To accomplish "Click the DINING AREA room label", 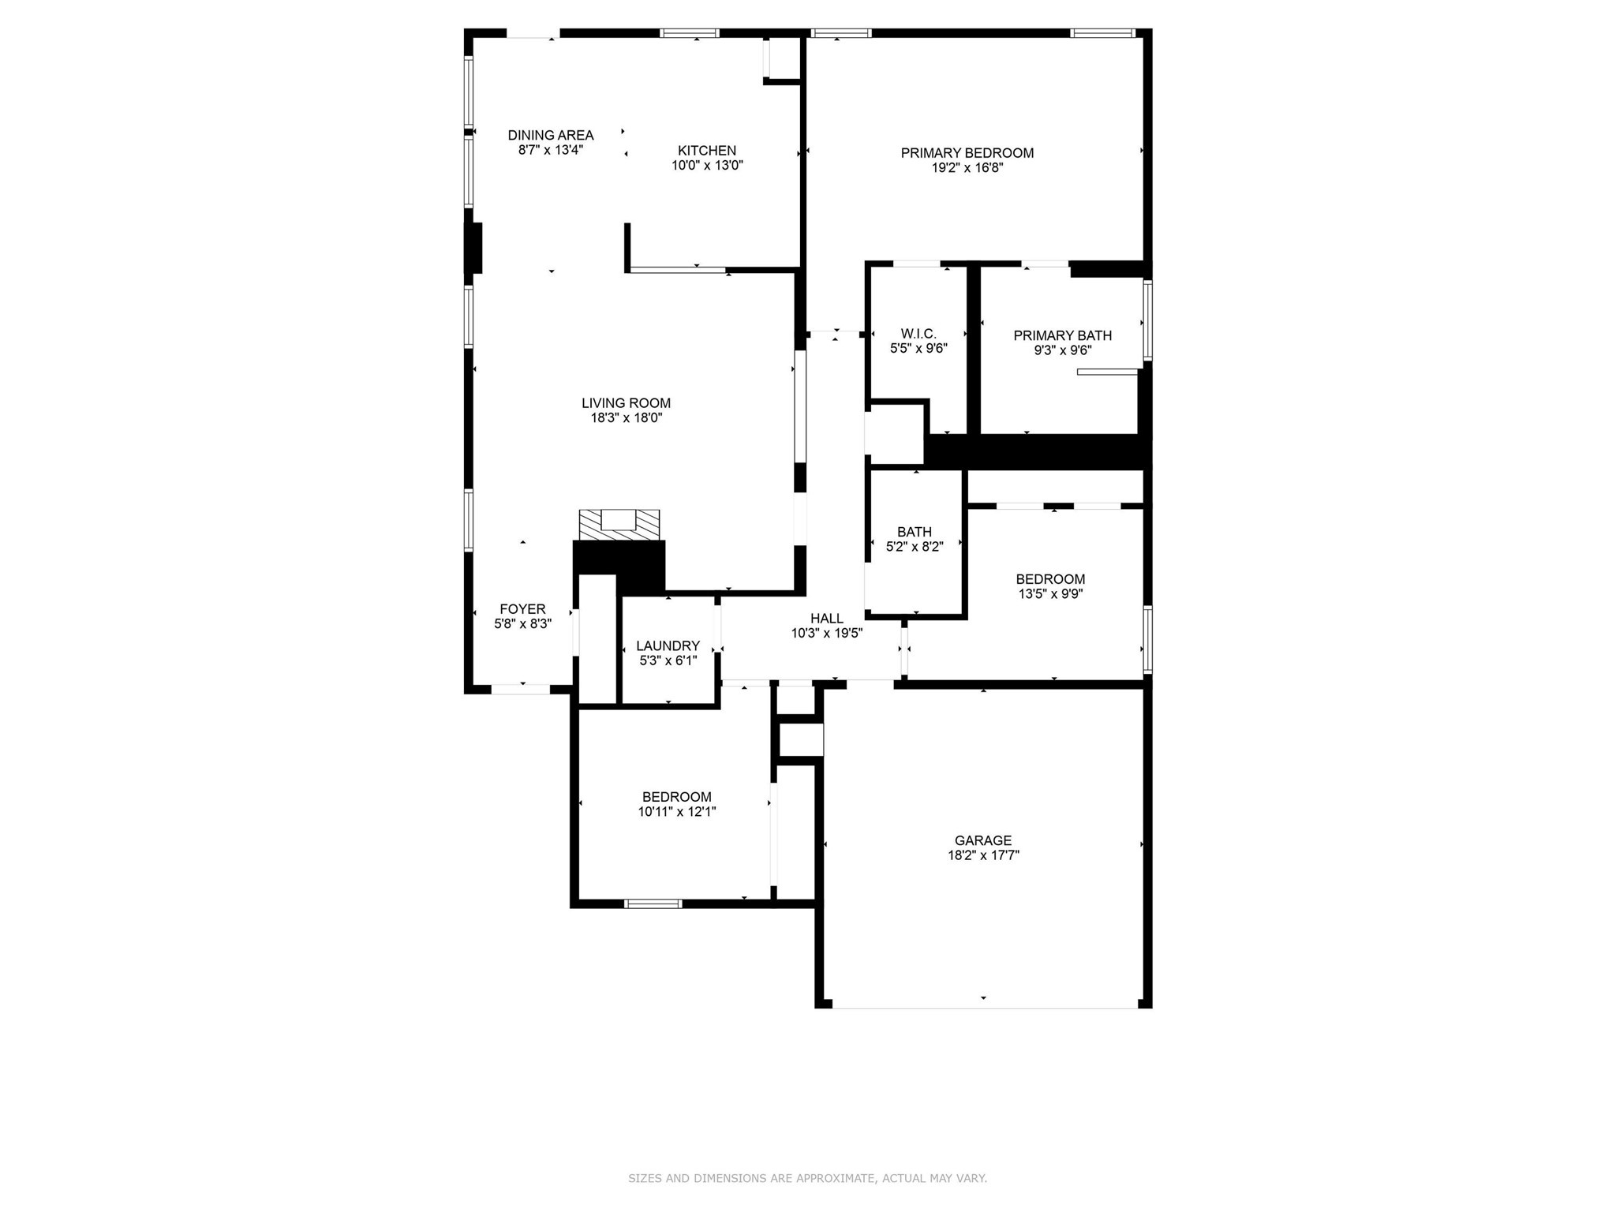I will click(x=550, y=135).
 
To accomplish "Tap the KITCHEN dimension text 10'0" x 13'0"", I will click(x=707, y=166).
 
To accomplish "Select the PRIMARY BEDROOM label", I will click(x=967, y=153).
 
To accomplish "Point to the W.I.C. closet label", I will click(x=918, y=334).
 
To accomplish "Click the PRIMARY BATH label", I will click(x=1062, y=335).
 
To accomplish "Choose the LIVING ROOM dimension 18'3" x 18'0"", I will click(x=626, y=418).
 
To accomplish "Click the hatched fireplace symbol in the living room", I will click(x=619, y=525).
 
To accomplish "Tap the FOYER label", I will click(x=522, y=609).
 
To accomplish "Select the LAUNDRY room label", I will click(x=668, y=645).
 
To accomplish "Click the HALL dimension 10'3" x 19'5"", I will click(x=826, y=633).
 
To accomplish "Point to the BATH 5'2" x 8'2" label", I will click(x=914, y=539).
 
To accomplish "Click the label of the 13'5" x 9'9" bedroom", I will click(x=1049, y=579).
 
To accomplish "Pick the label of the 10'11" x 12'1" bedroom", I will click(x=676, y=797).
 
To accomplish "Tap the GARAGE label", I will click(x=982, y=840).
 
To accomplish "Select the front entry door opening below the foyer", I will click(x=521, y=690).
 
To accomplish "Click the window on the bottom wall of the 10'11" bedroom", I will click(x=653, y=903).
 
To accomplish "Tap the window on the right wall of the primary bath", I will click(x=1148, y=320).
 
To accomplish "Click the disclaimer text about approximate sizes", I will click(x=807, y=1178).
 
